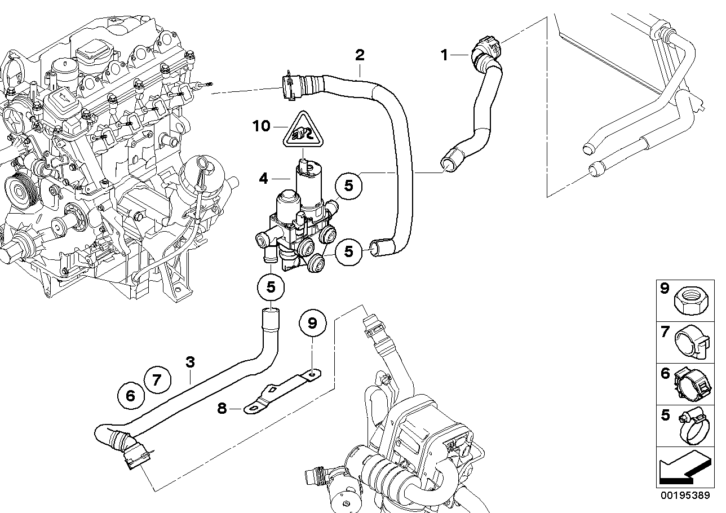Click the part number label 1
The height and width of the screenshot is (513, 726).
click(444, 55)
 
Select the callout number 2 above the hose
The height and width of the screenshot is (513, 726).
click(359, 55)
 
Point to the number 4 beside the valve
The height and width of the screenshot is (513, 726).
click(263, 179)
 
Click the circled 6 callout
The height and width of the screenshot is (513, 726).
click(130, 396)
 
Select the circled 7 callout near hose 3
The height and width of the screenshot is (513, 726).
click(157, 379)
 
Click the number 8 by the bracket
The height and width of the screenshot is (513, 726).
click(222, 408)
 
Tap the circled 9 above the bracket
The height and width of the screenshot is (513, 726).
click(312, 323)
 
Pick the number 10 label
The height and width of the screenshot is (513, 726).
click(262, 126)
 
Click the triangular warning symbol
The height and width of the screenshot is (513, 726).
click(302, 134)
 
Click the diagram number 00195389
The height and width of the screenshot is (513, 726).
click(685, 495)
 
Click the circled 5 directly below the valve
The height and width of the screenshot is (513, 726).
click(271, 287)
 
